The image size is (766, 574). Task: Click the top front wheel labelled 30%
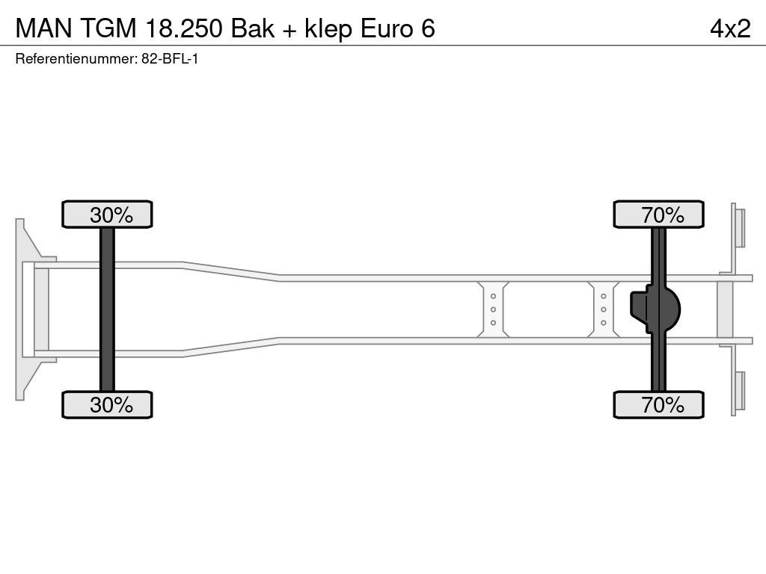tap(107, 215)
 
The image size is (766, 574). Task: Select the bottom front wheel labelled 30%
tap(107, 404)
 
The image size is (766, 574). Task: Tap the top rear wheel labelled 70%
tap(658, 215)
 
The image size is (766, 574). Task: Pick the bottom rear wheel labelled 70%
tap(658, 404)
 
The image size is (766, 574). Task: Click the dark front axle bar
tap(107, 309)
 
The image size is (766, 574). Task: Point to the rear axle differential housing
tap(655, 309)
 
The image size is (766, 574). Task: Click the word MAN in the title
tap(43, 29)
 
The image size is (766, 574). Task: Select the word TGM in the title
tap(108, 29)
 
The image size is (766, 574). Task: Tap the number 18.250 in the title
tap(184, 29)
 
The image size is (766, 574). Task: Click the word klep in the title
tap(328, 29)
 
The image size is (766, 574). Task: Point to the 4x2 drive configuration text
tap(730, 29)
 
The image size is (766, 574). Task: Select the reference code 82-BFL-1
tap(170, 59)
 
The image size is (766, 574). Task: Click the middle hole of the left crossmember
tap(494, 309)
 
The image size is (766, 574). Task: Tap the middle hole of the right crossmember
tap(604, 309)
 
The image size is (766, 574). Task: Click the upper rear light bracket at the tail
tap(738, 228)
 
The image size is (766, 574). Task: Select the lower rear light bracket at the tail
tap(738, 390)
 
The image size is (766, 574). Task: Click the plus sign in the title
tap(289, 30)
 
